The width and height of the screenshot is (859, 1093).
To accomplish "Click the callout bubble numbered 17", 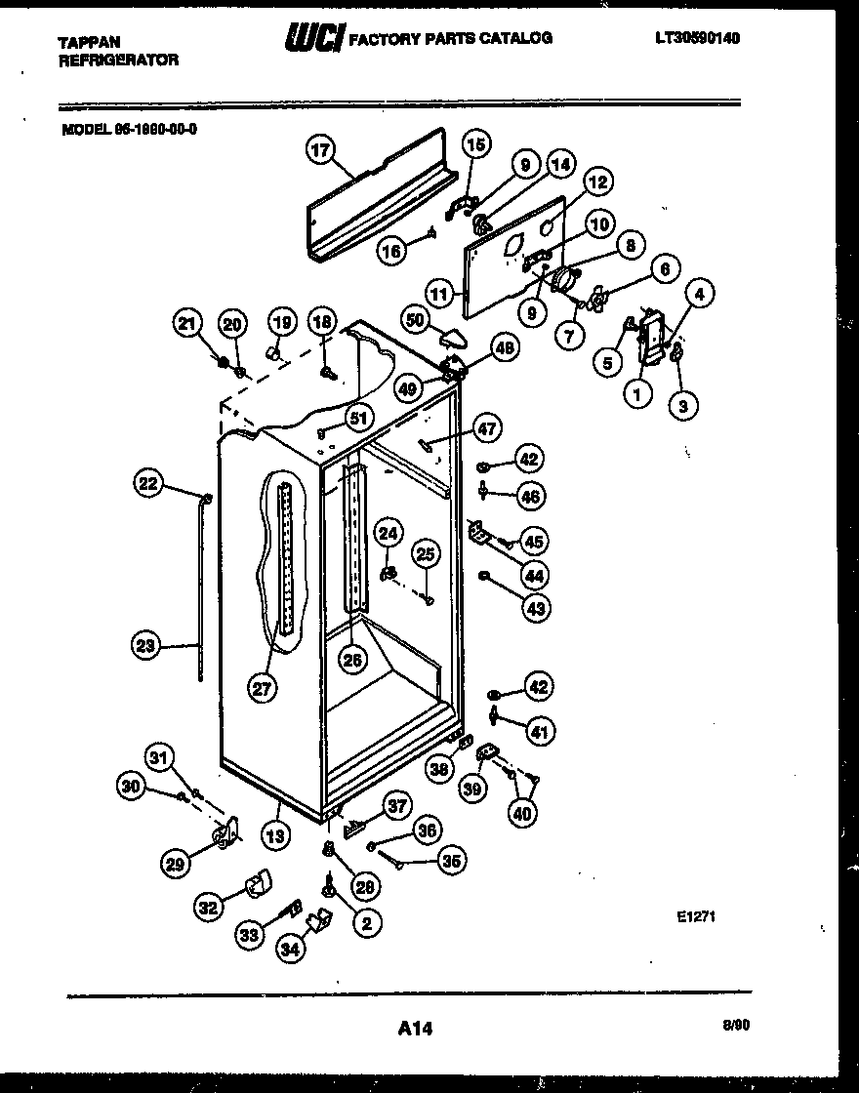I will coord(320,150).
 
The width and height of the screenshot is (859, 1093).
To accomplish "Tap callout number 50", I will coord(416,320).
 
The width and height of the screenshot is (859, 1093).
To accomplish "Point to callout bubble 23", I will coord(146,644).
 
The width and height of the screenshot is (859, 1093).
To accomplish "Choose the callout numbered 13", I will coord(276,834).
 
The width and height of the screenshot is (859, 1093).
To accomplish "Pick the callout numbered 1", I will coord(637,395).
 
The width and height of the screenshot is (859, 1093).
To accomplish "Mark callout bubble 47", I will coord(486,426).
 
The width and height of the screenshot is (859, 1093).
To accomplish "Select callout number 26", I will coord(352,659).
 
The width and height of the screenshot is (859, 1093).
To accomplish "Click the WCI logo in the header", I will coord(312,38).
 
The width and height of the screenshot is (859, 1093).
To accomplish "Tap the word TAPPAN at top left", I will coord(89,42).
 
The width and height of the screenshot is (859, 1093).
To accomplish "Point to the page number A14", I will coord(415,1027).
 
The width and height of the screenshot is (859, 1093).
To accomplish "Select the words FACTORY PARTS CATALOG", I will coord(450,38).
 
